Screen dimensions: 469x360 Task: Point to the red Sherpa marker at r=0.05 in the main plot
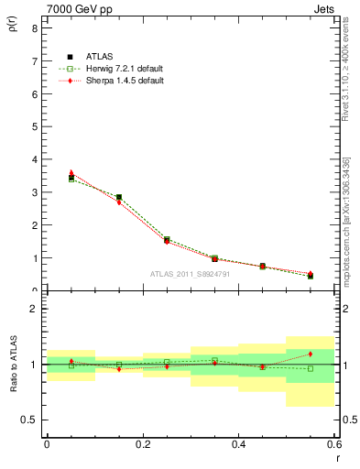pos(71,172)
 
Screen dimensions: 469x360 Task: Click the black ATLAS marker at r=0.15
pos(119,197)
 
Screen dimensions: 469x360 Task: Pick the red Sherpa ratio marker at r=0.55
pos(311,354)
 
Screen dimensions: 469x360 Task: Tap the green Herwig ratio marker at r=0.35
pos(214,360)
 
